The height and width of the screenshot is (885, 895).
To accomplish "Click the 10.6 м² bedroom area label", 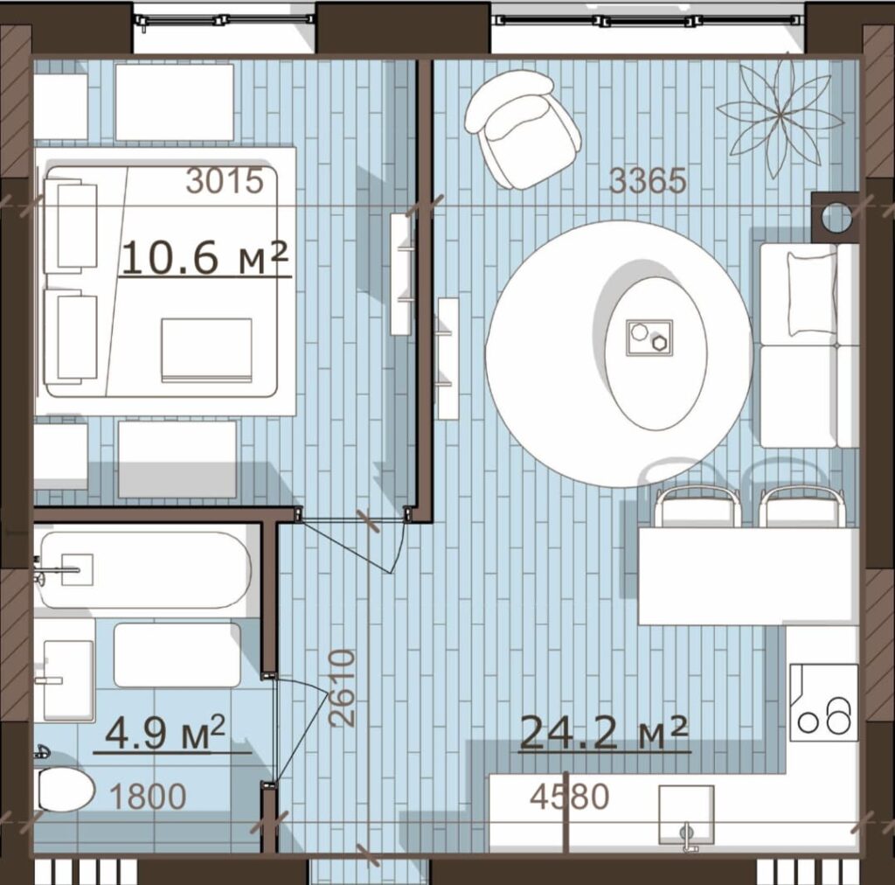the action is [x=205, y=257].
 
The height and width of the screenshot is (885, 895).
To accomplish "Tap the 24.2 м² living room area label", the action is [x=603, y=733].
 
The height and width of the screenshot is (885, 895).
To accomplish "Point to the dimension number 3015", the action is [x=225, y=181].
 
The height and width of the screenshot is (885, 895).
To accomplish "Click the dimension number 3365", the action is [x=648, y=180].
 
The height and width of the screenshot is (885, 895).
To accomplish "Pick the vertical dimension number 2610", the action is [x=343, y=688].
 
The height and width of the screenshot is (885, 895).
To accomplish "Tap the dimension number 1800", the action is [x=147, y=797].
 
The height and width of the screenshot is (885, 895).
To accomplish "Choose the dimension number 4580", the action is [x=570, y=797].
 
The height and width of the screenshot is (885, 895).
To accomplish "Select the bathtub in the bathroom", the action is [x=142, y=570].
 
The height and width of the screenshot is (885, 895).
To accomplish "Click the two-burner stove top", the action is [x=823, y=702].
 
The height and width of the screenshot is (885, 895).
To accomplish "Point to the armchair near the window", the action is [x=522, y=129].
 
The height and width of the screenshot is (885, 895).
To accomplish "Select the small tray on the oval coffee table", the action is [x=649, y=338].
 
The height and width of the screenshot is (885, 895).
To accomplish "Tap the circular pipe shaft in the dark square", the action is [x=836, y=217].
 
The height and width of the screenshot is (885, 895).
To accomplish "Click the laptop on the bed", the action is [x=206, y=350].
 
